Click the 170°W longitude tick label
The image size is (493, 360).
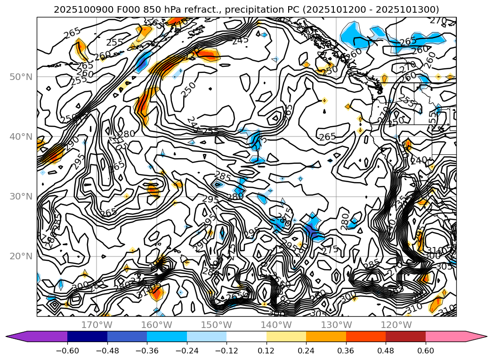click(x=97, y=325)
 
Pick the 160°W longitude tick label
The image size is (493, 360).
click(x=156, y=325)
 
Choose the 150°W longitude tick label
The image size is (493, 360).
click(x=216, y=325)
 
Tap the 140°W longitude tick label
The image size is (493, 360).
click(x=276, y=325)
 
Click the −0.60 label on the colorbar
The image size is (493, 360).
click(x=67, y=351)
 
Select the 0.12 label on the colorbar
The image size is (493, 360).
click(x=267, y=351)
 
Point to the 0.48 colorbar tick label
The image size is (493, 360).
click(x=386, y=351)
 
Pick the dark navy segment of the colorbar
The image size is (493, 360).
click(x=87, y=336)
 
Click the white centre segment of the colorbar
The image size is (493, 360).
click(x=246, y=336)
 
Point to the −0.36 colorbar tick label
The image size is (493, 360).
click(x=147, y=351)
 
